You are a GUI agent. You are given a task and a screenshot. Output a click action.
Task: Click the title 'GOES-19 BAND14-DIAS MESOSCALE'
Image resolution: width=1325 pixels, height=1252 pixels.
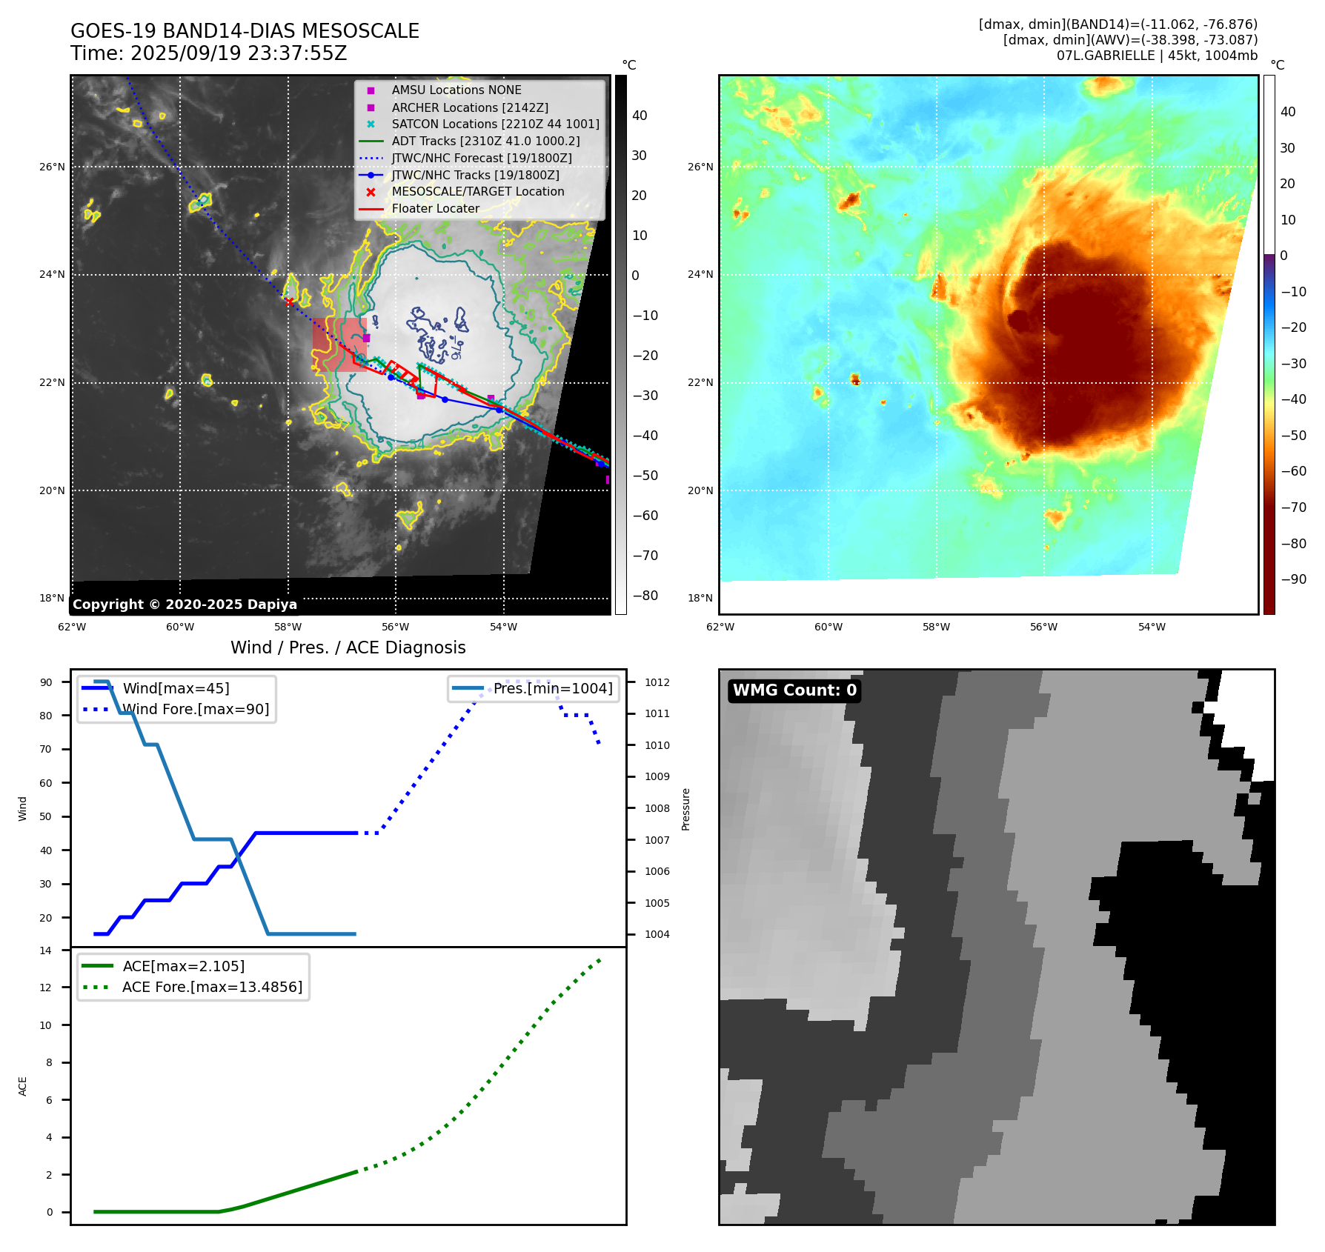coord(245,31)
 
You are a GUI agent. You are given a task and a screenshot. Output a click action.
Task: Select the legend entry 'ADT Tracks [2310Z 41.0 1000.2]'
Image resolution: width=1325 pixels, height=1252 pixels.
coord(485,141)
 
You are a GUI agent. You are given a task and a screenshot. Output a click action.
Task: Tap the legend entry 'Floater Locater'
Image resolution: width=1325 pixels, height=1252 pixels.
coord(435,209)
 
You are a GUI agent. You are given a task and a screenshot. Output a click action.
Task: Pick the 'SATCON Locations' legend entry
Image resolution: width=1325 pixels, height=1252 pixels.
coord(495,124)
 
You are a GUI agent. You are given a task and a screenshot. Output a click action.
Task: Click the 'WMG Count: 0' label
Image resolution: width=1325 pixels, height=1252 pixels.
coord(794,690)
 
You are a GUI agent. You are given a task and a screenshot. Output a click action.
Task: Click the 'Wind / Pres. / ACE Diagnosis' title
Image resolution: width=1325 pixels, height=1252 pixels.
coord(348,647)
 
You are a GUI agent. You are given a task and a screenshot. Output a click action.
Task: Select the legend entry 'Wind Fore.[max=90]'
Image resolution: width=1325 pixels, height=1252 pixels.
coord(196,710)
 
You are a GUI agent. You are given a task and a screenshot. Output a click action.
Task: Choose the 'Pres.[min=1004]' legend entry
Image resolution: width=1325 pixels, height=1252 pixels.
coord(553,688)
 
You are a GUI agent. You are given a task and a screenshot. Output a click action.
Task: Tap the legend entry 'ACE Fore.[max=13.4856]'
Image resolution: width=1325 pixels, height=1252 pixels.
coord(212,988)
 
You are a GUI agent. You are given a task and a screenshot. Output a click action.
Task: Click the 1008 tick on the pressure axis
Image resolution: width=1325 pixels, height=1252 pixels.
coord(657,808)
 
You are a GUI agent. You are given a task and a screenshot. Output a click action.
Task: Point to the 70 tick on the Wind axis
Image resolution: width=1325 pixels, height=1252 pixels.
coord(46,749)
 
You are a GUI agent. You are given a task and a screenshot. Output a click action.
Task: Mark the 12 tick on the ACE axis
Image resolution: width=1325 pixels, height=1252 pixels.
coord(46,988)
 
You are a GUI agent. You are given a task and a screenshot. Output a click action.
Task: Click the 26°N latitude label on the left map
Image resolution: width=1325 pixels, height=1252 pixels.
coord(52,167)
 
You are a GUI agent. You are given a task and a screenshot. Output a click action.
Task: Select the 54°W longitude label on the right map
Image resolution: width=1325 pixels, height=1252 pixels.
coord(1152,627)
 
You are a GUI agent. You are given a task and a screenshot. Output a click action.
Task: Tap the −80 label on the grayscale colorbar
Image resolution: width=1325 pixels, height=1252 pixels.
coord(645,596)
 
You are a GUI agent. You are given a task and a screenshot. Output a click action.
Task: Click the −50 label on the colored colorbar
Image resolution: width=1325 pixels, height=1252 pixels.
coord(1294,436)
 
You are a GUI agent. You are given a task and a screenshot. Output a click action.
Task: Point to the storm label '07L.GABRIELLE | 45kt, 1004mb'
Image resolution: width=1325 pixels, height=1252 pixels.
coord(1157,56)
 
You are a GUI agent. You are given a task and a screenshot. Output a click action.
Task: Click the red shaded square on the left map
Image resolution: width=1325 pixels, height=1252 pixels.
coord(339,344)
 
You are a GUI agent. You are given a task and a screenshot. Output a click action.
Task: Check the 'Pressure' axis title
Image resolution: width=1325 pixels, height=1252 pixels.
coord(685,809)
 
